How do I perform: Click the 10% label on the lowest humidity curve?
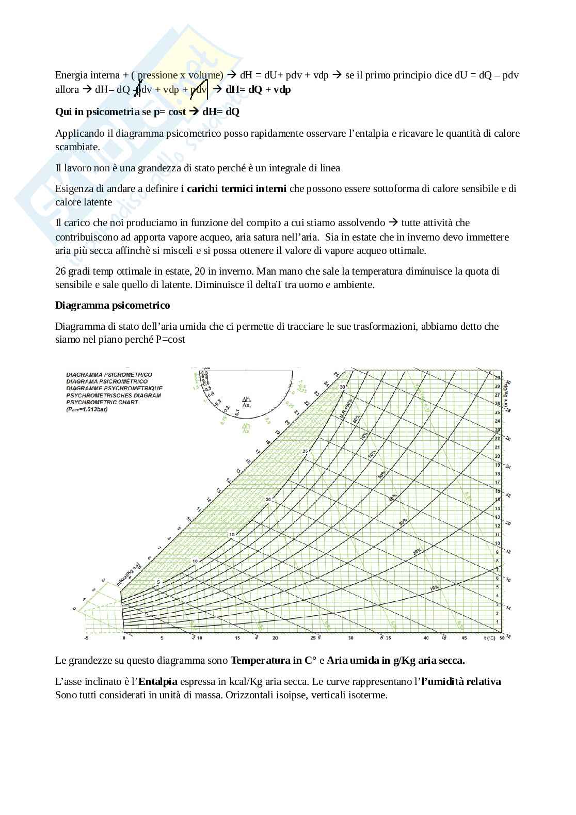pyautogui.click(x=434, y=588)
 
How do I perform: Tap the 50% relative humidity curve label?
pyautogui.click(x=381, y=474)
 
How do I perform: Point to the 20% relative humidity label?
pyautogui.click(x=417, y=552)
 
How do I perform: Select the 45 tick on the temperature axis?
pyautogui.click(x=464, y=638)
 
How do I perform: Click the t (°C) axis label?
pyautogui.click(x=490, y=638)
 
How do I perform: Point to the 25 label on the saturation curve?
pyautogui.click(x=305, y=452)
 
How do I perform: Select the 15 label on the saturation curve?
pyautogui.click(x=232, y=534)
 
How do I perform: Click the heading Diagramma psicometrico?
pyautogui.click(x=113, y=305)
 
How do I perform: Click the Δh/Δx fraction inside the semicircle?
pyautogui.click(x=246, y=403)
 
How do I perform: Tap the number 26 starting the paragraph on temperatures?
pyautogui.click(x=60, y=271)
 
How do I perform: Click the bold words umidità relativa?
pyautogui.click(x=462, y=681)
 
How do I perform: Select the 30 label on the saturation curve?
pyautogui.click(x=342, y=387)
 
